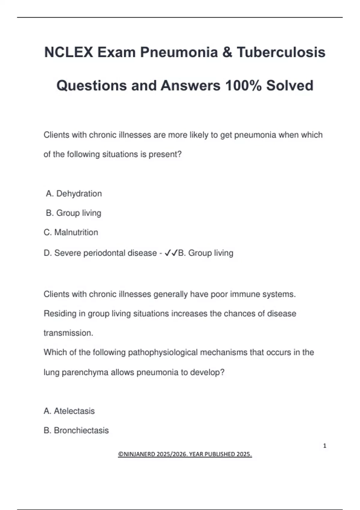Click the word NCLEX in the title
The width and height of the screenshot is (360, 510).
tap(69, 52)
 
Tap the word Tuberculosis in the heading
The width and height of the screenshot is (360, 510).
tap(281, 52)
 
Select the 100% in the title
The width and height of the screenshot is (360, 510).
tap(243, 85)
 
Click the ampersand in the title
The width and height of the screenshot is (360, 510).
tap(227, 52)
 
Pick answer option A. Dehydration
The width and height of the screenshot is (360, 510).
tap(74, 193)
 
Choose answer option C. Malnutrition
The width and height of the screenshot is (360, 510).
tap(71, 232)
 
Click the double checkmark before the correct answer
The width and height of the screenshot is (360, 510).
tap(171, 253)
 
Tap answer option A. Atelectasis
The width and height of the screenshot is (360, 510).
tap(69, 411)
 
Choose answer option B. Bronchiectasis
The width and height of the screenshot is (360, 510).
tap(76, 430)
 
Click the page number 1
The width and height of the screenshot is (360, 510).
tap(325, 446)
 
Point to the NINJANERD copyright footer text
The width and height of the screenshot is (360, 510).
tap(185, 454)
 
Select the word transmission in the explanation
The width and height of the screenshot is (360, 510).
tap(68, 333)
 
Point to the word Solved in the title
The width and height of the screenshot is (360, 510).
tap(289, 85)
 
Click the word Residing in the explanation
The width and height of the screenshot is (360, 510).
tap(60, 313)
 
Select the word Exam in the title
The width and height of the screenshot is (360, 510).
tap(116, 52)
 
